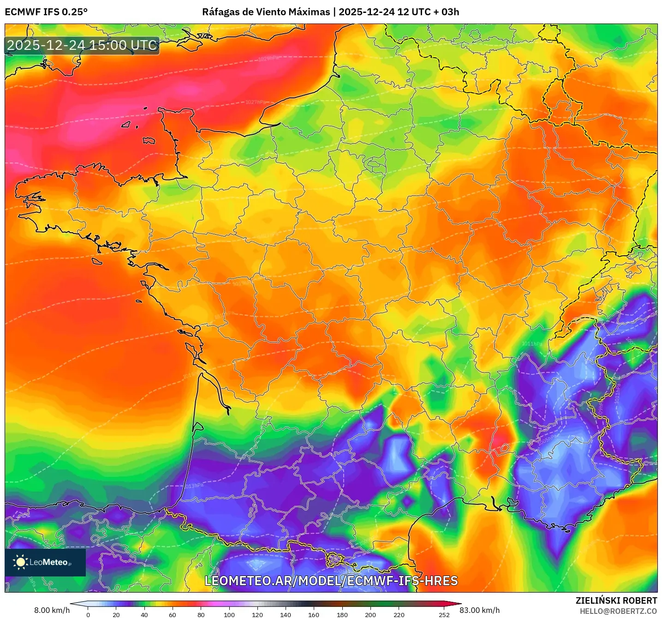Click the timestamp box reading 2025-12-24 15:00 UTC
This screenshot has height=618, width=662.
(x=82, y=45)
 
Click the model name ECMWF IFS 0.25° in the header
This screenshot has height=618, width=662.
(x=46, y=12)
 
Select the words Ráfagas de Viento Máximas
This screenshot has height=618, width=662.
(x=266, y=12)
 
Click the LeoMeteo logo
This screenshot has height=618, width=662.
(x=45, y=562)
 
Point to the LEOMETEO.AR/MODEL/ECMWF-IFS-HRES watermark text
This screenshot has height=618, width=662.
(x=331, y=581)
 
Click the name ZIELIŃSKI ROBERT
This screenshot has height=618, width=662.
(x=616, y=600)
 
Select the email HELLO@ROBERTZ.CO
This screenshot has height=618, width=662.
(x=618, y=611)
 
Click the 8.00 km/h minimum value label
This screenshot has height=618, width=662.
(x=52, y=610)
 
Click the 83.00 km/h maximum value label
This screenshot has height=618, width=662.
(x=480, y=610)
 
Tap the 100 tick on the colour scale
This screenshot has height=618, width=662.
(x=229, y=615)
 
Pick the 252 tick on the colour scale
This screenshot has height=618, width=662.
(x=444, y=615)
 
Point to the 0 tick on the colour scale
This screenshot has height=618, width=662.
(x=88, y=615)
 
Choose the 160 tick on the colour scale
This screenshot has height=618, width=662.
(x=314, y=615)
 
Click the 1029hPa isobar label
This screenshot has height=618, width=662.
(x=268, y=59)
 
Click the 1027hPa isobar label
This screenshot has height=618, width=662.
(x=256, y=102)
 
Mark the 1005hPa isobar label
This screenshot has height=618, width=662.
(x=548, y=440)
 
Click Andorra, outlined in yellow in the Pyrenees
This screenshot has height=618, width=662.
(x=335, y=559)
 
